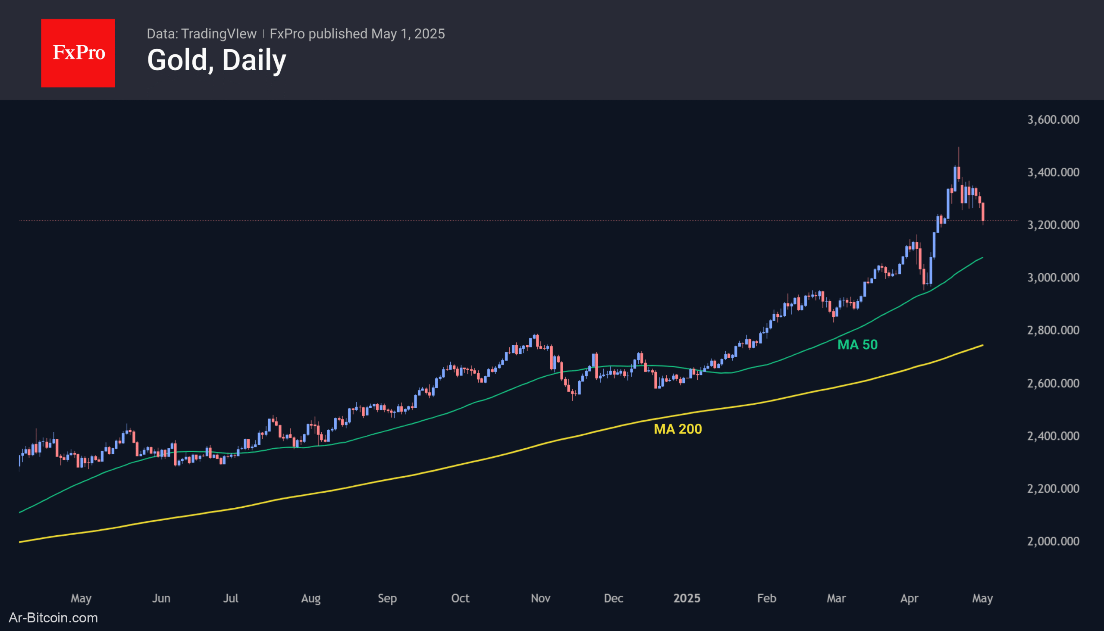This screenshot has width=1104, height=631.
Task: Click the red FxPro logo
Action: click(78, 53)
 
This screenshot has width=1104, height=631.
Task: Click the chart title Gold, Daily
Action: click(216, 60)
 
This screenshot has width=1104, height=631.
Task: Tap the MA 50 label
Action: click(857, 344)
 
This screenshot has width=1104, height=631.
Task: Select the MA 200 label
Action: click(677, 429)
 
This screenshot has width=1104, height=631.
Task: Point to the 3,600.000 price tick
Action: click(1053, 120)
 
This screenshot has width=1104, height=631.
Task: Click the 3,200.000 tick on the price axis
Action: click(1053, 225)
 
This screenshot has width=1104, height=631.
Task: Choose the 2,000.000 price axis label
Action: click(1053, 541)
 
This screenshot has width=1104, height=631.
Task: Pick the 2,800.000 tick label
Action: click(1053, 330)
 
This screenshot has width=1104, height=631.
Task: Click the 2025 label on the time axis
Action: click(687, 598)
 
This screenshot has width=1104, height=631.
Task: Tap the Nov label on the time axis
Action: click(540, 598)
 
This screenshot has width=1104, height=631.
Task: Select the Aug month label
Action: click(310, 598)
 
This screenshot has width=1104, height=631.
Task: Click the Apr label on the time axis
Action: click(909, 598)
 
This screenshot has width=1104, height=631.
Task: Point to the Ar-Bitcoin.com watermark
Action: click(53, 618)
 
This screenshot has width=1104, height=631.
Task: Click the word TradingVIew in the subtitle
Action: click(219, 34)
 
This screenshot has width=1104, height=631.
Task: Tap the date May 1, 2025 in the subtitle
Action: click(408, 34)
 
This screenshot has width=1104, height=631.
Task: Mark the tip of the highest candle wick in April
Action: click(959, 147)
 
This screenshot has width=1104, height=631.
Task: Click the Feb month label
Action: click(766, 598)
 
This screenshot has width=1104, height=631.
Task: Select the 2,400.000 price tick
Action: click(1053, 436)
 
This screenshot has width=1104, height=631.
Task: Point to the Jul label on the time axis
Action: click(230, 598)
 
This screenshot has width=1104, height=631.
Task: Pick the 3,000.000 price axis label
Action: click(1053, 278)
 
